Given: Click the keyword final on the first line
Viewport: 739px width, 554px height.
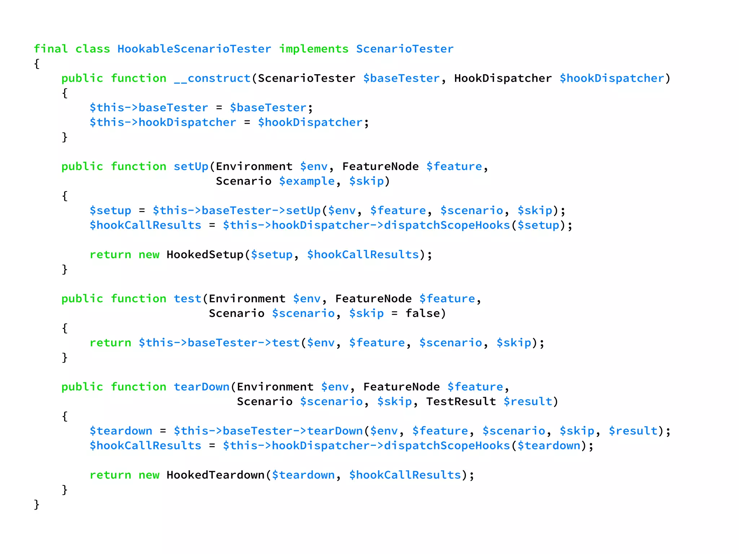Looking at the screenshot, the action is (x=51, y=49).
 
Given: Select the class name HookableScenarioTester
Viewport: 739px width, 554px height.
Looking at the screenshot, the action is (x=194, y=49).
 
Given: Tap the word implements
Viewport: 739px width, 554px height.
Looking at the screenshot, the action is (x=314, y=49).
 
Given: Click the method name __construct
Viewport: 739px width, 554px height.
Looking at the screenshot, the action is (x=212, y=78).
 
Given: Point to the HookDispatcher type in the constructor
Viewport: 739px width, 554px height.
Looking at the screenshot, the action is (x=503, y=78).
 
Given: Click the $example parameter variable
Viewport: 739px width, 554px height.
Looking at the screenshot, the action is (x=307, y=181).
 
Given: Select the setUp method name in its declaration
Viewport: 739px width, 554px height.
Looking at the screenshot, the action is (x=191, y=166).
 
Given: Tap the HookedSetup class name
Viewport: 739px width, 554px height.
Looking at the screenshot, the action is (x=205, y=255).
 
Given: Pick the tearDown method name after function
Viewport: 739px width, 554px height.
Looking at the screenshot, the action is (x=201, y=387).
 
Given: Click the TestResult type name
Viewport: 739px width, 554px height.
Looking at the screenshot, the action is (x=461, y=402).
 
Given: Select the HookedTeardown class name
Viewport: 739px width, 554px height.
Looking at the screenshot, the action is (x=215, y=475).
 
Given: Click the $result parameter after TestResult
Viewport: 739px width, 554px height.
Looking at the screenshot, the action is (x=528, y=402).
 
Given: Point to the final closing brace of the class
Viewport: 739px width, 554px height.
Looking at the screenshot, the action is (x=36, y=505).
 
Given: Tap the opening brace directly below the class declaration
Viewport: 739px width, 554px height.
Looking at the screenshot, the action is (x=36, y=64).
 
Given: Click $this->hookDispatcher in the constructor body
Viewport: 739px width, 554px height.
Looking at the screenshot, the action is (x=163, y=123).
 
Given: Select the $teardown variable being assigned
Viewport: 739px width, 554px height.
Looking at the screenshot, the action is (x=121, y=431).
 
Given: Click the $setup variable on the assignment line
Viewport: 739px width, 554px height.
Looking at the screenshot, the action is (x=110, y=211).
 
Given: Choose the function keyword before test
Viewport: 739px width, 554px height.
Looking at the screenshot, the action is (x=138, y=299).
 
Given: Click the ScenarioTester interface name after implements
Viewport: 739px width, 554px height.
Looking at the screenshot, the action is (x=405, y=49).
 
